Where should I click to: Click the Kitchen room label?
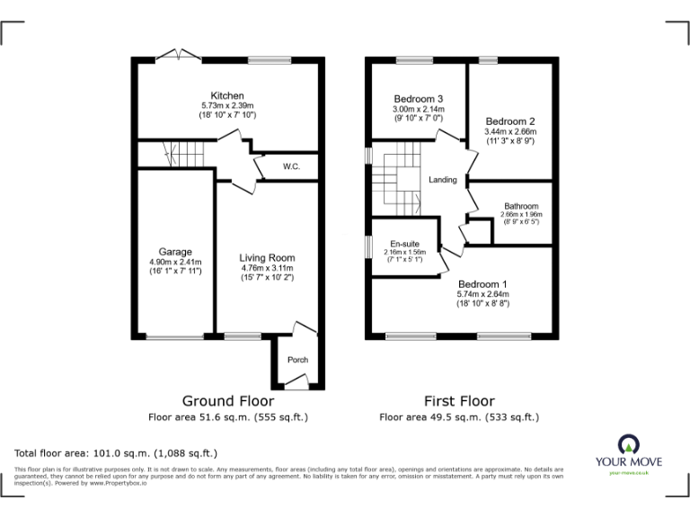(227, 96)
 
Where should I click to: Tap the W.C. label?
(291, 166)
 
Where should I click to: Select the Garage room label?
(176, 252)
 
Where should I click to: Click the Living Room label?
(267, 258)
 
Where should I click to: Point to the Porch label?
(297, 360)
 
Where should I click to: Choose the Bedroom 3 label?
(419, 98)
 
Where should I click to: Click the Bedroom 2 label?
(510, 121)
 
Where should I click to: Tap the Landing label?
(443, 180)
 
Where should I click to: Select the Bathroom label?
(521, 206)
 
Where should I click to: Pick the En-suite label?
(402, 243)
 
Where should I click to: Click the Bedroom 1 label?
(482, 284)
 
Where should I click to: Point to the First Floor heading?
(459, 400)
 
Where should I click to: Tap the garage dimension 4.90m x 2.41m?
(176, 263)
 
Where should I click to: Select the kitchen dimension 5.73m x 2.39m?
(227, 106)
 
